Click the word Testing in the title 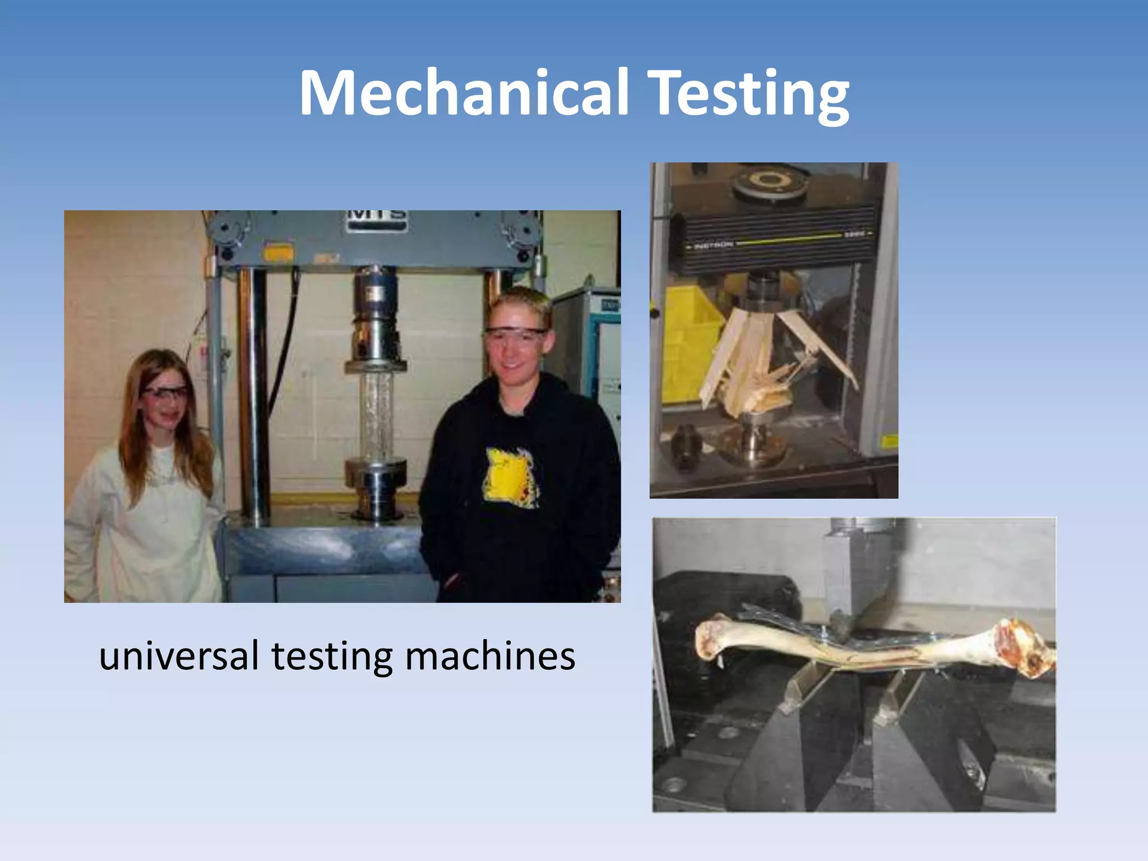click(x=751, y=95)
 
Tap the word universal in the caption click(x=179, y=656)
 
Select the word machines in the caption click(x=490, y=656)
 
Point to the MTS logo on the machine click(x=376, y=216)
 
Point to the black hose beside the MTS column click(x=289, y=336)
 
